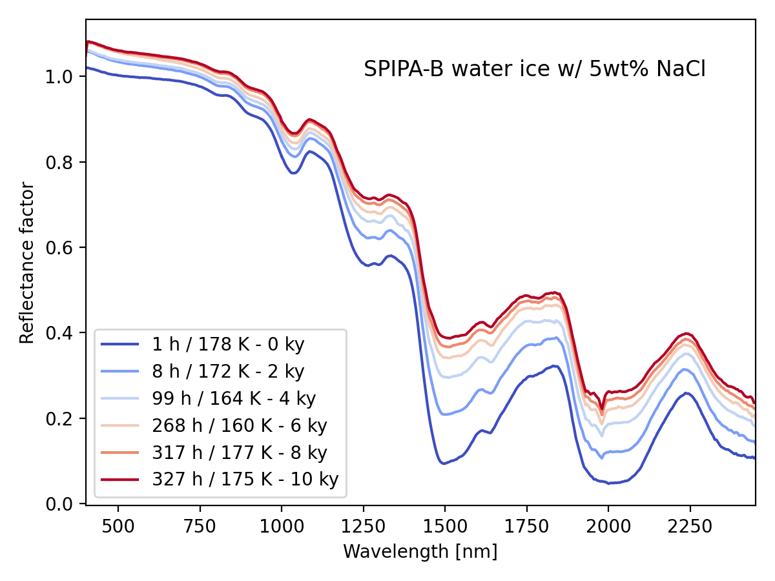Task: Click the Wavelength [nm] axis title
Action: (420, 551)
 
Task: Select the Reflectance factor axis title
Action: (26, 263)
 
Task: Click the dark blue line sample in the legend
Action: (121, 344)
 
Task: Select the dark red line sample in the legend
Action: (121, 480)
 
